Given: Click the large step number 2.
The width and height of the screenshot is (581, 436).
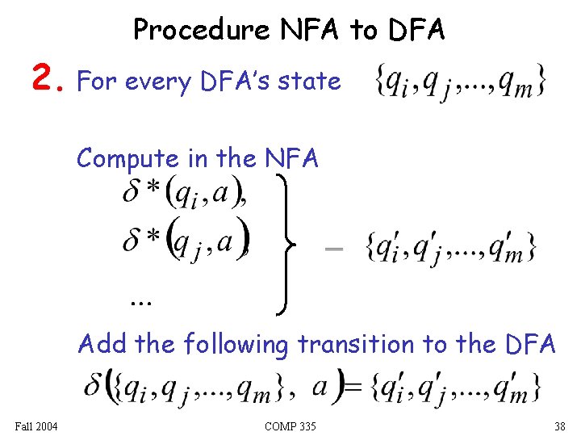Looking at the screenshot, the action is [x=47, y=79].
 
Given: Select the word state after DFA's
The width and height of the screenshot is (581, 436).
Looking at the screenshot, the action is [x=310, y=81].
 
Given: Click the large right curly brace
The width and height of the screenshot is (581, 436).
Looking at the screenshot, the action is [x=290, y=243].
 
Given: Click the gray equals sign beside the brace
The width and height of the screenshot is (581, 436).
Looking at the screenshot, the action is [x=332, y=249].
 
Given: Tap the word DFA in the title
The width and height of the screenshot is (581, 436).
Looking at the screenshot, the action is [x=416, y=30].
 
